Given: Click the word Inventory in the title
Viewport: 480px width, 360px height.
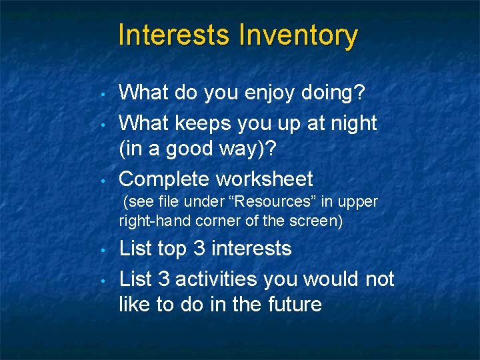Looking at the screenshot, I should (298, 35).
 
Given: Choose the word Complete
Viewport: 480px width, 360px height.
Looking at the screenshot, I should (163, 179).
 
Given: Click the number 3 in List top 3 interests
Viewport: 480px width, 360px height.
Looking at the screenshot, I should (198, 249).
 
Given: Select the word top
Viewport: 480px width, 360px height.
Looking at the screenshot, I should (171, 249).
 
